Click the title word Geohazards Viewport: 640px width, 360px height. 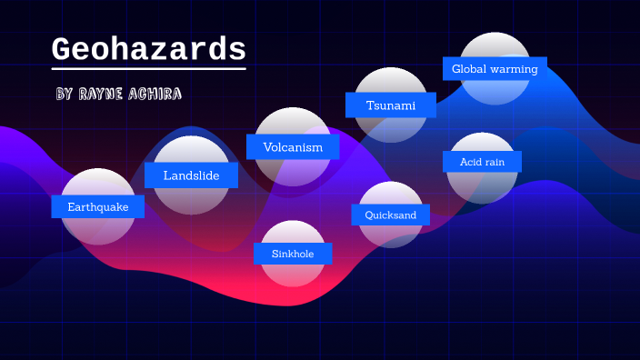pos(148,48)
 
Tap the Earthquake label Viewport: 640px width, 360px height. pos(97,207)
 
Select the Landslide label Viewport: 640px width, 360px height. pos(191,175)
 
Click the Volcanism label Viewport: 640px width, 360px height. pos(293,147)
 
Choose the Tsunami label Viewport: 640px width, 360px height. pos(390,105)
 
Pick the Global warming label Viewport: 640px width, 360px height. pos(495,68)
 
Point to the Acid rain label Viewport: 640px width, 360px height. pos(483,162)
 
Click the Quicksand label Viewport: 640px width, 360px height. pos(390,215)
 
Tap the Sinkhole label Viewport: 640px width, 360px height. pos(293,254)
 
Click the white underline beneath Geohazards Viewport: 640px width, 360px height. pos(148,68)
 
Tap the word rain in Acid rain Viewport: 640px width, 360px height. pos(495,162)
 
